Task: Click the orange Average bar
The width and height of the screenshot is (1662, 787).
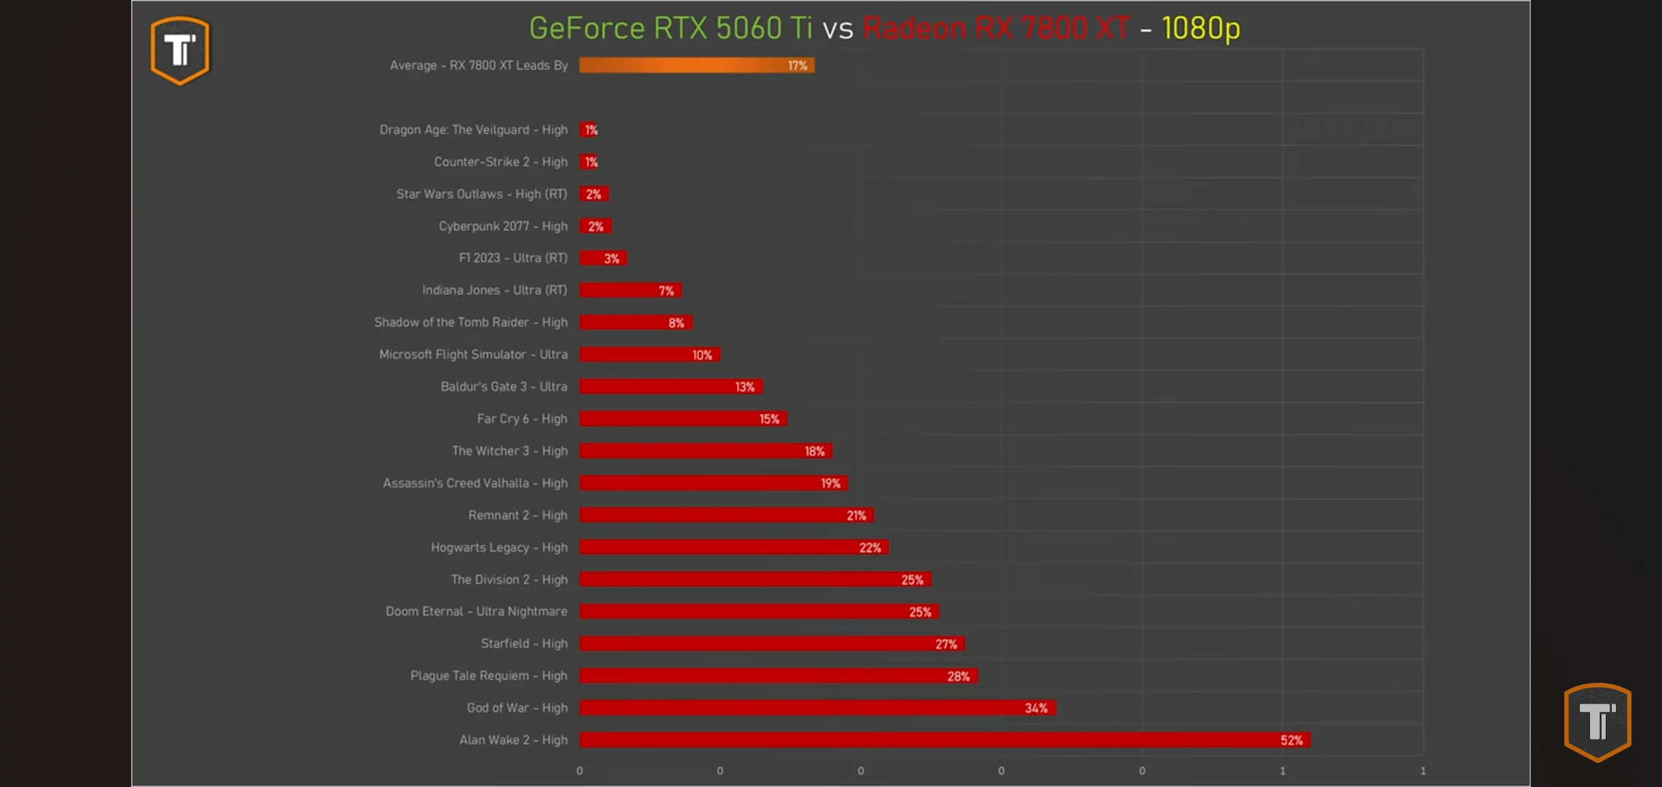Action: (x=696, y=66)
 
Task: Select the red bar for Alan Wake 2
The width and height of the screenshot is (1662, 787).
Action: (x=944, y=740)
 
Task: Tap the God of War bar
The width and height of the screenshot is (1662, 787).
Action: (x=816, y=708)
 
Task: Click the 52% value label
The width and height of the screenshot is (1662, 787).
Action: (x=1291, y=740)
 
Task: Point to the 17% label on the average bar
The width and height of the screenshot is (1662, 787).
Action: (x=797, y=66)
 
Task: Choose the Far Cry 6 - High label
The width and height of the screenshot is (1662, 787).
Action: (x=522, y=419)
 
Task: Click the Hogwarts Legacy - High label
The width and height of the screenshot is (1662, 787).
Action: (x=499, y=547)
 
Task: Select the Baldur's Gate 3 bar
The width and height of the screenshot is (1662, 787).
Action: (x=671, y=387)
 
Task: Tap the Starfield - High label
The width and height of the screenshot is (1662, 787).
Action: (x=524, y=643)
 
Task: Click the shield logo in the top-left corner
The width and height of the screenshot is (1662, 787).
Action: (x=180, y=50)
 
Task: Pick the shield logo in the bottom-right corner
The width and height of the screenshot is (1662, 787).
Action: (x=1597, y=721)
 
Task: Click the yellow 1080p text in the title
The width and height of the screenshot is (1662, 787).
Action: (x=1201, y=28)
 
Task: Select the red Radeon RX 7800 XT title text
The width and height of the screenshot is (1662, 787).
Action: (x=996, y=28)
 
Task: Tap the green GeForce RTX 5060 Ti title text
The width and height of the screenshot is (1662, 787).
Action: (x=670, y=28)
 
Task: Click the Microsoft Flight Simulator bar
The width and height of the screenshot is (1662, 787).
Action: (x=649, y=355)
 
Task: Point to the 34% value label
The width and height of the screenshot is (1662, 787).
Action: (x=1036, y=708)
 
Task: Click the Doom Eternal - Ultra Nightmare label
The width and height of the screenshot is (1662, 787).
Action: (x=476, y=611)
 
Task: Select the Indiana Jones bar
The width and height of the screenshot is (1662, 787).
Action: (x=630, y=291)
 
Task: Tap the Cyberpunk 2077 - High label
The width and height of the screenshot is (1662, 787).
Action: (x=503, y=227)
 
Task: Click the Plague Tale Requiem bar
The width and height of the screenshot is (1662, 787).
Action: (x=778, y=676)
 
